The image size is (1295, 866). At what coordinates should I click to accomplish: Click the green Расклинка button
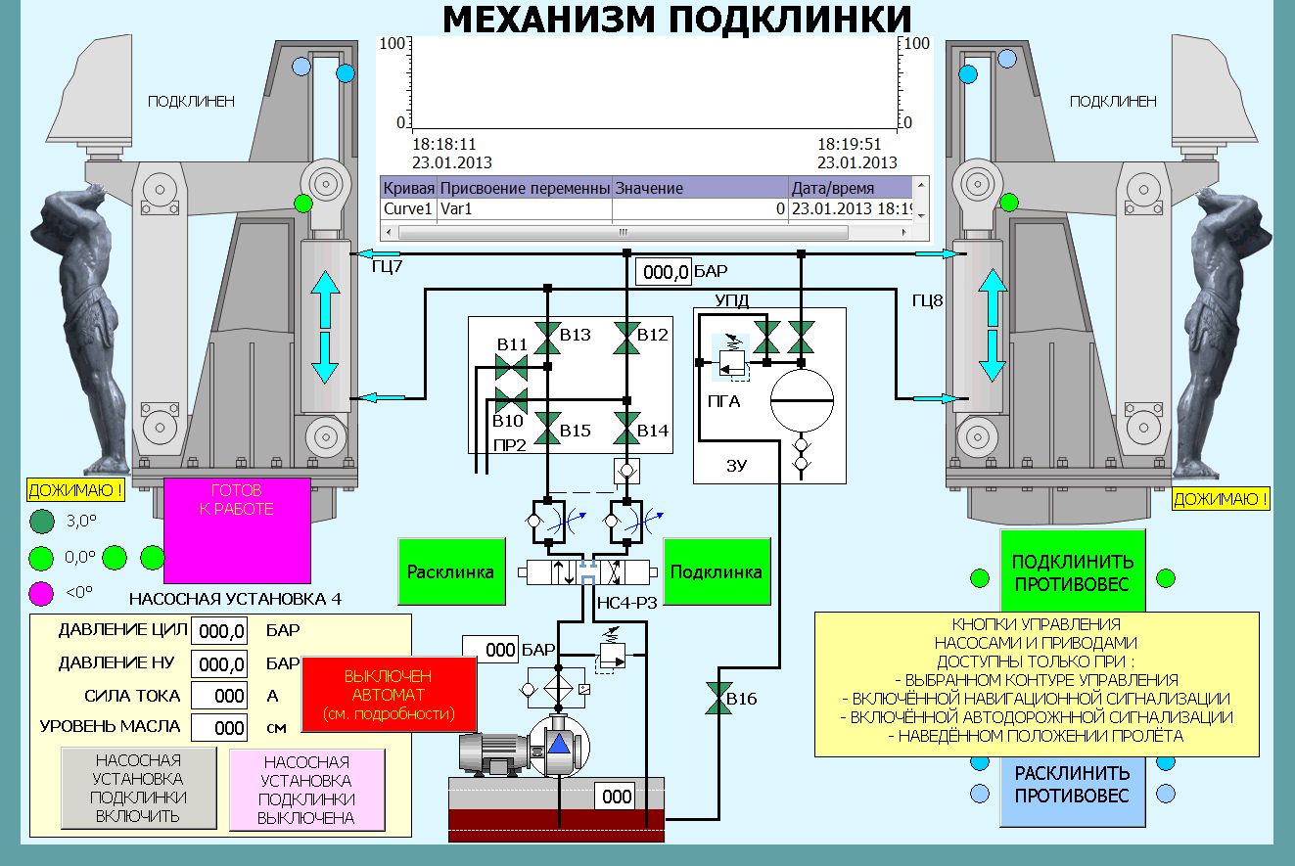[x=451, y=571]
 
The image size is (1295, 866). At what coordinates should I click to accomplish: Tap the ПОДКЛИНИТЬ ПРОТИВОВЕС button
[x=1073, y=571]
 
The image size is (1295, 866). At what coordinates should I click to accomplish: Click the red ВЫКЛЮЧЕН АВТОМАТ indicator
[x=389, y=695]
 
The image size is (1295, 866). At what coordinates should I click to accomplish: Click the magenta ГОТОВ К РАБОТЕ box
[x=237, y=530]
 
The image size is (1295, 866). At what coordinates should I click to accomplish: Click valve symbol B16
[x=718, y=699]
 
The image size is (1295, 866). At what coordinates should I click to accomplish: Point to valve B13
[x=547, y=339]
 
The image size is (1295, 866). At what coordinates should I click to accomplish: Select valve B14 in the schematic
[x=626, y=429]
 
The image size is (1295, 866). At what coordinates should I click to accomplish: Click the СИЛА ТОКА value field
[x=219, y=696]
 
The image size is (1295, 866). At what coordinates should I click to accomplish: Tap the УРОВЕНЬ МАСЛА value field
[x=219, y=728]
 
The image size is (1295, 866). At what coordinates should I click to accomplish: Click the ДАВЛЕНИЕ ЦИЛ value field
[x=219, y=631]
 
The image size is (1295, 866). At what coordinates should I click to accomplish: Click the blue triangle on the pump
[x=559, y=744]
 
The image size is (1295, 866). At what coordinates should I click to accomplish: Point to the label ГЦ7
[x=387, y=266]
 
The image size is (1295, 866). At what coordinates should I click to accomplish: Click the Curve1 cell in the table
[x=407, y=208]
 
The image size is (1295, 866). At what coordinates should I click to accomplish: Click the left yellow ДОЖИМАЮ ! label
[x=75, y=490]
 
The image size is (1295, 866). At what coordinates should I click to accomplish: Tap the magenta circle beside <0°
[x=41, y=593]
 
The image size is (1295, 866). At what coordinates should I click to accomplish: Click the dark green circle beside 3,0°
[x=42, y=522]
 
